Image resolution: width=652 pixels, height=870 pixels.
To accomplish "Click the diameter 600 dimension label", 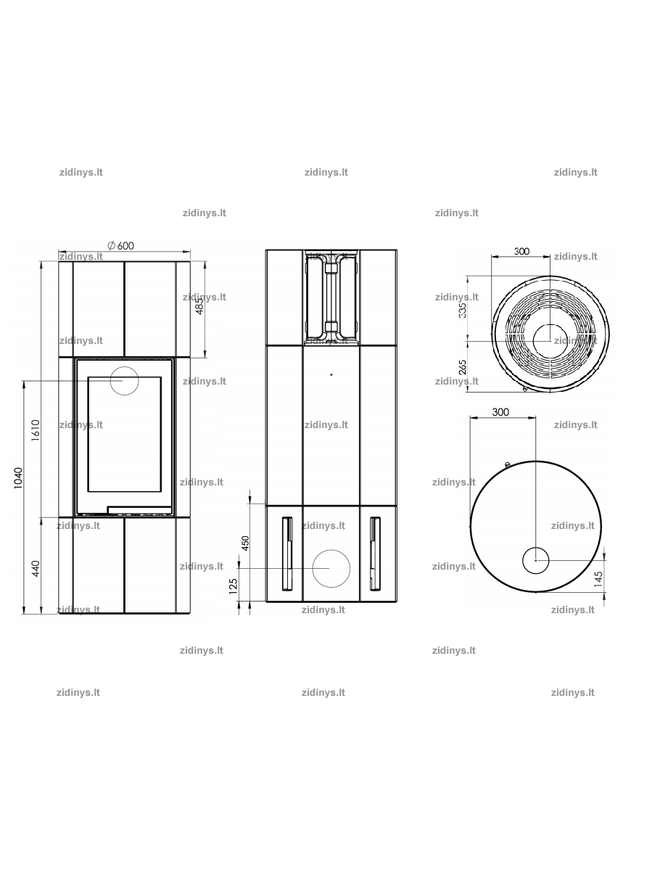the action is coord(120,245).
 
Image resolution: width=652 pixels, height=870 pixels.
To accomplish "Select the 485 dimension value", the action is coord(199,306).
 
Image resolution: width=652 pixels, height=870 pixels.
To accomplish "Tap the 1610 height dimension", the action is coord(36,430).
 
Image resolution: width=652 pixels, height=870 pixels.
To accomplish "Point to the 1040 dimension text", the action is coord(17,478).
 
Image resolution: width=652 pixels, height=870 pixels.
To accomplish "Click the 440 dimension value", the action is coord(36,569).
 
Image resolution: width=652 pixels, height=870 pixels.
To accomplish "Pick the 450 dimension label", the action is coord(246,543).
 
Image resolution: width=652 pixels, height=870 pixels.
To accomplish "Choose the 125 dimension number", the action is coord(233,586).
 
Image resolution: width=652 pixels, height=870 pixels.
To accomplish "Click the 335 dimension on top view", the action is coord(463,309).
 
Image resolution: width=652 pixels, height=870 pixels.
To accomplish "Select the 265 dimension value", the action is coord(463,368).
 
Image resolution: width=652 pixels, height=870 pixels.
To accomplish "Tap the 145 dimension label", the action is coord(598,580).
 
